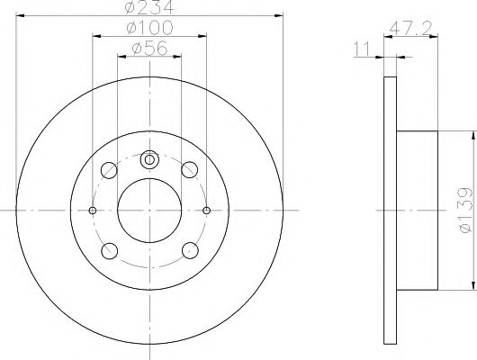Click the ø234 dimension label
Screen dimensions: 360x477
click(150, 8)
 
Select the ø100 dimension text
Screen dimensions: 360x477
click(150, 30)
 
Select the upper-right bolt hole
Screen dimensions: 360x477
click(189, 169)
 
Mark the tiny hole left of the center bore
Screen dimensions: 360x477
click(94, 210)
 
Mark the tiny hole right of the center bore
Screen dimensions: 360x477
click(207, 210)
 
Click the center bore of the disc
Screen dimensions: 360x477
click(150, 210)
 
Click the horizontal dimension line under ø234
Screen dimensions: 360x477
click(150, 17)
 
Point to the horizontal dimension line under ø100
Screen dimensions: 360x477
click(150, 39)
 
